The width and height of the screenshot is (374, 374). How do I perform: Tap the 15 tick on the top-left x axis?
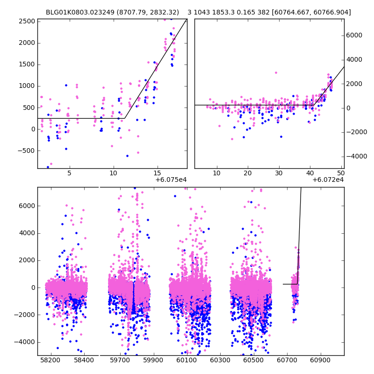(x=158, y=173)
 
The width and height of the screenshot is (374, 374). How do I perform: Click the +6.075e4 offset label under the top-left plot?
(x=171, y=180)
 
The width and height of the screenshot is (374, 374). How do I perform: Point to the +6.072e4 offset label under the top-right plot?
(x=328, y=180)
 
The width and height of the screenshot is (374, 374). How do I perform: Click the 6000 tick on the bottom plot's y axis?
(x=27, y=206)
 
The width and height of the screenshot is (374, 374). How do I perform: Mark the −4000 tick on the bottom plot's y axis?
(x=26, y=342)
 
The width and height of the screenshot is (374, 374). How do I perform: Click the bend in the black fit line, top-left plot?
(x=125, y=118)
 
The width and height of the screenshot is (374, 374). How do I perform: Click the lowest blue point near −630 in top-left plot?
(x=127, y=156)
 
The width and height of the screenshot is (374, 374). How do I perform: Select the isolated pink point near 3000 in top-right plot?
(x=276, y=72)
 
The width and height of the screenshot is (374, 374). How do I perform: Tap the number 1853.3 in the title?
(x=227, y=12)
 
